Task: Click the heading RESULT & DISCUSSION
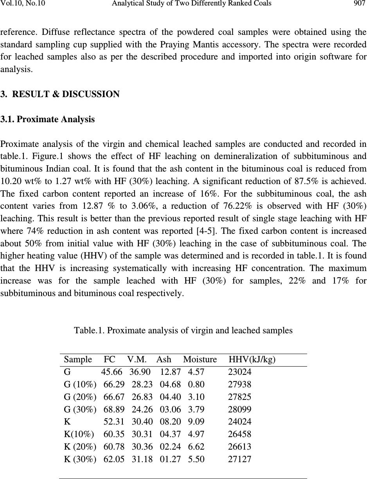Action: click(66, 94)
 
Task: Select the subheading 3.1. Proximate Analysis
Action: click(48, 120)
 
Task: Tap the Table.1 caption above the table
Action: click(183, 331)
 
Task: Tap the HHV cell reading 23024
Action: click(239, 372)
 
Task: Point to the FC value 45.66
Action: click(112, 372)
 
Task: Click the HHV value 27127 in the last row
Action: click(239, 459)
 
